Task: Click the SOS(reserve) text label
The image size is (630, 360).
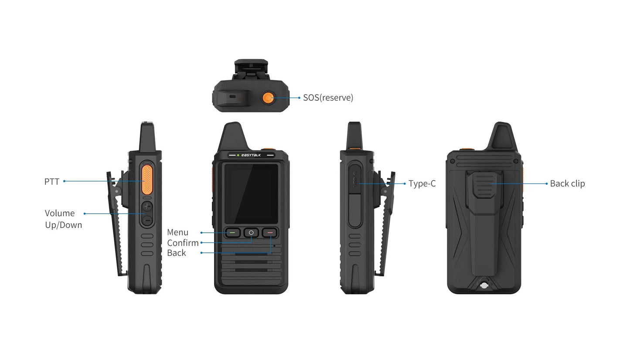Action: (328, 98)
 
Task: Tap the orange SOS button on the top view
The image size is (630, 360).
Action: (268, 98)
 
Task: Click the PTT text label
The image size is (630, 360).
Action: (51, 181)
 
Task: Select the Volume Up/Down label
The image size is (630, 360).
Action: (63, 219)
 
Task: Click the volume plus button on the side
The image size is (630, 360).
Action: (148, 207)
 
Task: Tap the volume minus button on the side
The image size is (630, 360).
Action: (148, 221)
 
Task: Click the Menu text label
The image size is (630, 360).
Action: (177, 232)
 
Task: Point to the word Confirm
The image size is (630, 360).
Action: (183, 243)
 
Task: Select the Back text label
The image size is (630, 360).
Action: (176, 253)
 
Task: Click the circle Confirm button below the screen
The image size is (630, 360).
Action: (251, 233)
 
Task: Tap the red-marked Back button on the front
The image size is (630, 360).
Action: (270, 233)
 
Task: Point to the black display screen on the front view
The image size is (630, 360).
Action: (251, 193)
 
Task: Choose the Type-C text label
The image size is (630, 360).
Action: (422, 183)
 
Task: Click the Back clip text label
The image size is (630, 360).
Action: (567, 183)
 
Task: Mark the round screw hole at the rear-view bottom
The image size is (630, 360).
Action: (484, 286)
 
